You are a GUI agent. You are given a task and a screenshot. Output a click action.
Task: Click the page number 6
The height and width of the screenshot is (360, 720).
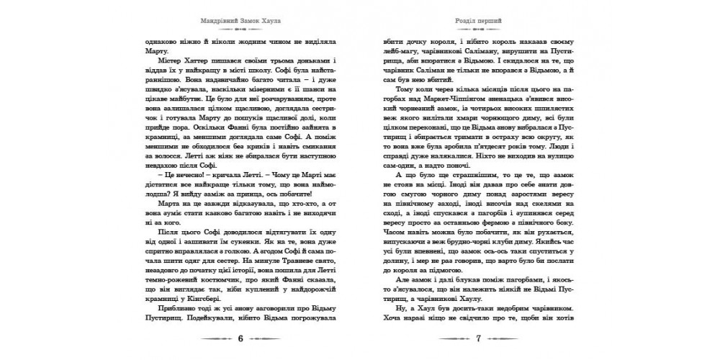tap(240, 339)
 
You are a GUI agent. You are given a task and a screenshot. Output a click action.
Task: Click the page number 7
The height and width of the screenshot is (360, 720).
tap(477, 339)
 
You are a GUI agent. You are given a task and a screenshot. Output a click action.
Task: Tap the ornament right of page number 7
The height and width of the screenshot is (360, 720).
tap(508, 339)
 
